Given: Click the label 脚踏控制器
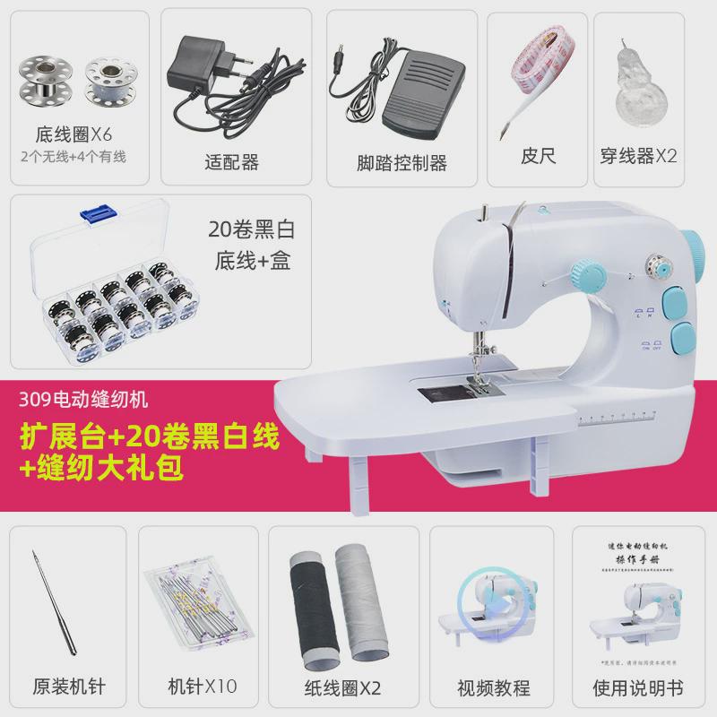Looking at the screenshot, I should coord(401,162).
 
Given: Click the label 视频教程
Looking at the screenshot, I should coord(493,688).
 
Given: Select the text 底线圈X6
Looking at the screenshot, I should coord(73,134).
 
